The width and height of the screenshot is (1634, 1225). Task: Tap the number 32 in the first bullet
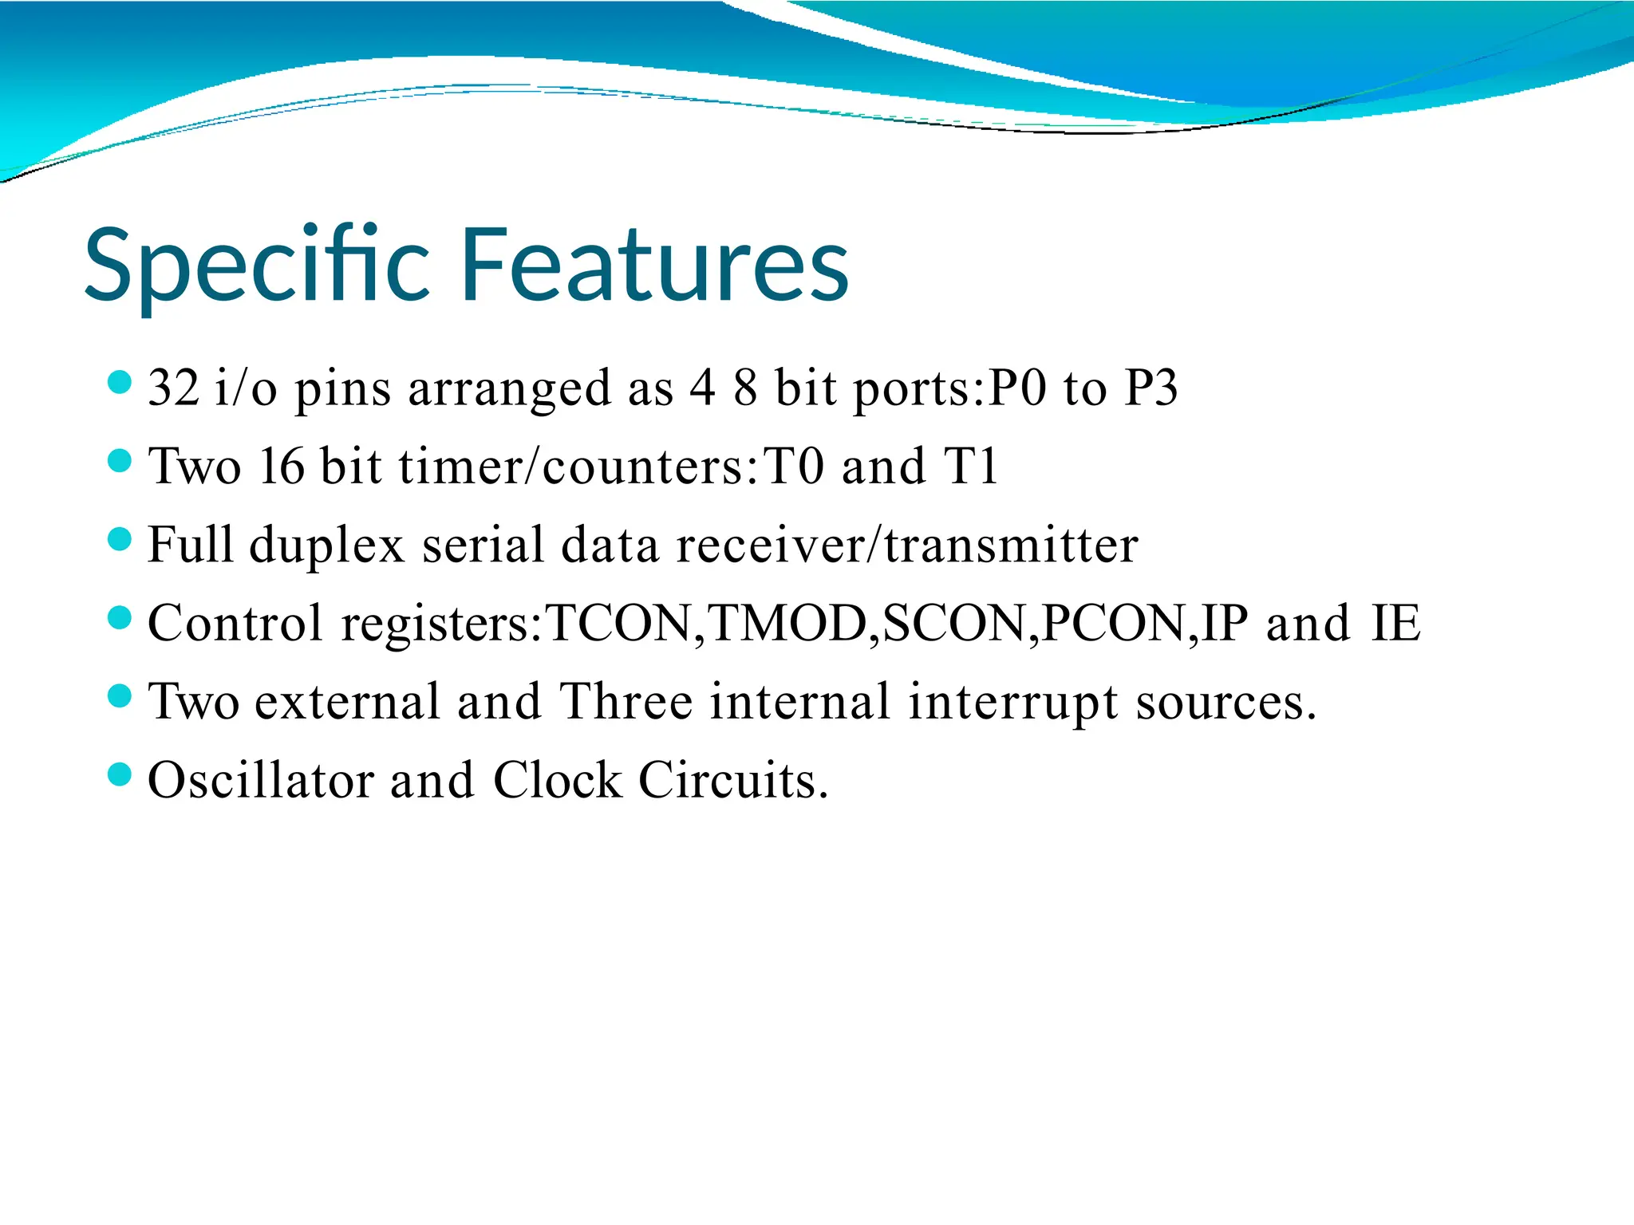point(173,388)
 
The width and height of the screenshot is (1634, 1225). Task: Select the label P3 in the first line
point(1151,388)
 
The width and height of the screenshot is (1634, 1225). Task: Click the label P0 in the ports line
point(1016,388)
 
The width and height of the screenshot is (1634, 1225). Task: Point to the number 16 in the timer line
point(282,467)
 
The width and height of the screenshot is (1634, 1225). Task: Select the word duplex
point(327,546)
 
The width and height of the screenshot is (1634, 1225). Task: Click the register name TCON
point(618,624)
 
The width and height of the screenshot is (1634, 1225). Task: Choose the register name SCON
point(954,624)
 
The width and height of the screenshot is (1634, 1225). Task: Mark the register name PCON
point(1114,624)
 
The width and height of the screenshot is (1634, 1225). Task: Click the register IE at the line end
point(1395,624)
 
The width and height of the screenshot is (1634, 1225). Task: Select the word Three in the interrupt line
point(626,702)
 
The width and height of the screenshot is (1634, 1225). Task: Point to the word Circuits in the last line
point(732,780)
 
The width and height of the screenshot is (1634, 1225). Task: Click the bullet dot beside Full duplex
point(119,538)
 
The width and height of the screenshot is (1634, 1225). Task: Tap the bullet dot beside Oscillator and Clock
point(119,774)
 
